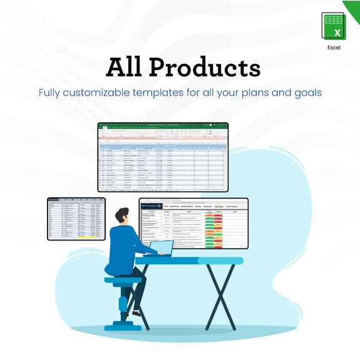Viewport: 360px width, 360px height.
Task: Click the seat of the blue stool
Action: coord(123,281)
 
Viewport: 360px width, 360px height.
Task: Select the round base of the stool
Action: coord(123,327)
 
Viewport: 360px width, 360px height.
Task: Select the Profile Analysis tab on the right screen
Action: coord(234,206)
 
